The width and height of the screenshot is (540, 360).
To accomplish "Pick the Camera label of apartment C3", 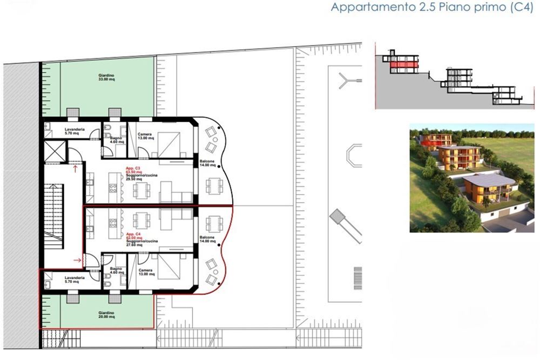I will click(145, 135).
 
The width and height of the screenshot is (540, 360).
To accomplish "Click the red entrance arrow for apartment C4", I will click(77, 261).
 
